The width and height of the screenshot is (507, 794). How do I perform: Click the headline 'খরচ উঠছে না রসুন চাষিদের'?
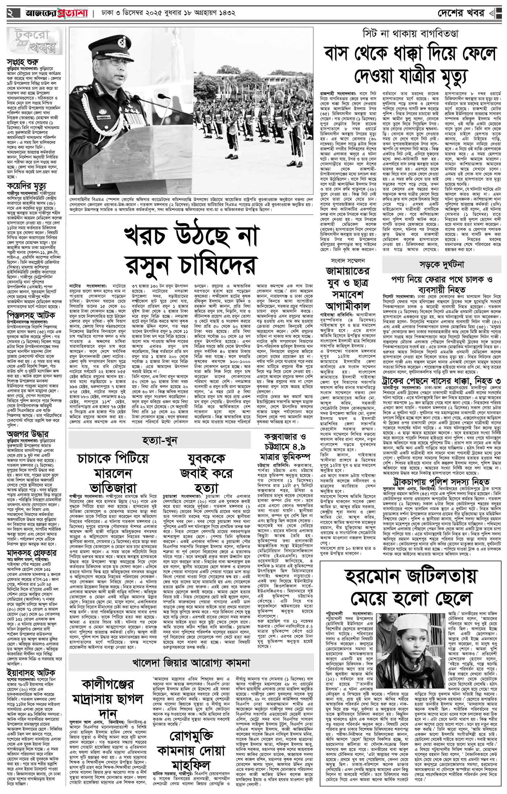[188, 251]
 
